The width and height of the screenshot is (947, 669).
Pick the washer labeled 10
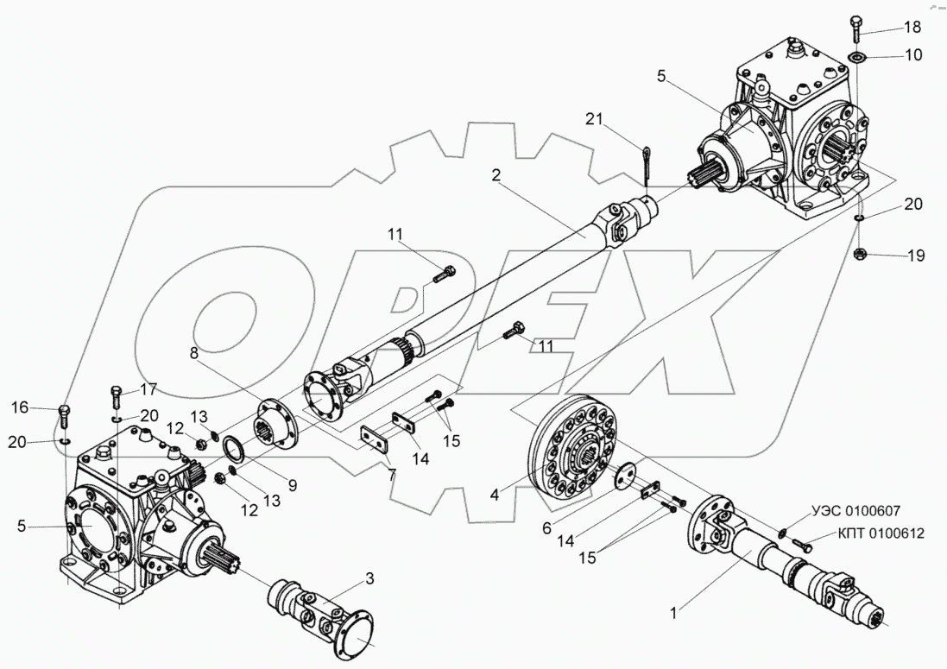[857, 58]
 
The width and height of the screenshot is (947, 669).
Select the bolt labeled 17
[115, 399]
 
